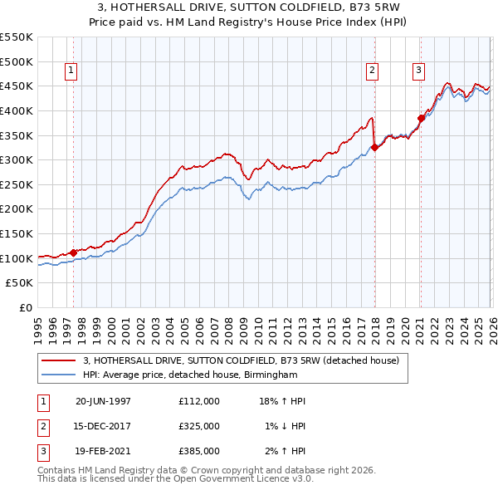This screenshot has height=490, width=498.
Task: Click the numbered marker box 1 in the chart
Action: pyautogui.click(x=72, y=71)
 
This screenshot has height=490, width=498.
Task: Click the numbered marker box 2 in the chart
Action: pyautogui.click(x=373, y=71)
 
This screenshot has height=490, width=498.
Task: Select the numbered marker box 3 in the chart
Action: pyautogui.click(x=419, y=71)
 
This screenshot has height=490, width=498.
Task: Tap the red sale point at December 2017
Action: pyautogui.click(x=374, y=148)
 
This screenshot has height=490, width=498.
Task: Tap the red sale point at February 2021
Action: pyautogui.click(x=421, y=118)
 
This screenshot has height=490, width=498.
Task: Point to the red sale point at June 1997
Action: pyautogui.click(x=73, y=252)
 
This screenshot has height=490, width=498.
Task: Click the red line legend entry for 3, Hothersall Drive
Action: pyautogui.click(x=242, y=360)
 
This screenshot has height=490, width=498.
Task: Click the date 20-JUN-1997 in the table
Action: pyautogui.click(x=103, y=401)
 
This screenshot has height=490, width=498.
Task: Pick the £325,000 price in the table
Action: pyautogui.click(x=199, y=426)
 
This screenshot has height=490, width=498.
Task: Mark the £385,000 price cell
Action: pyautogui.click(x=199, y=451)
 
